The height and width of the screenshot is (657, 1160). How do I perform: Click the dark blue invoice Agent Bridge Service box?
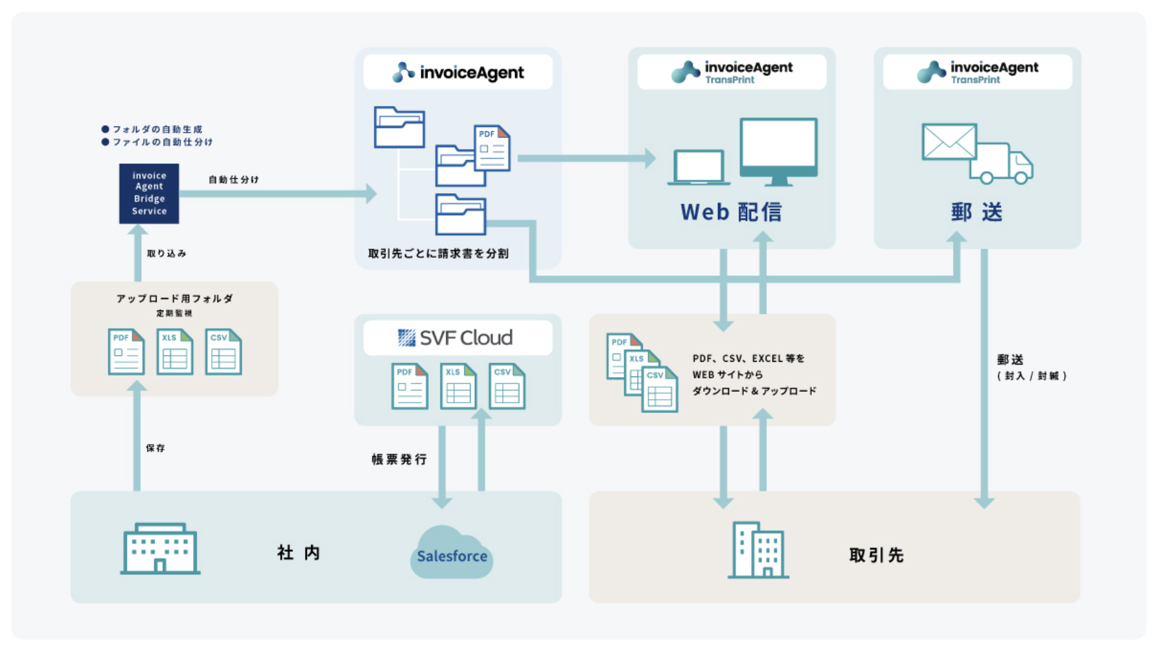pyautogui.click(x=148, y=193)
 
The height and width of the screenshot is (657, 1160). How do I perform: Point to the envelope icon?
pyautogui.click(x=948, y=141)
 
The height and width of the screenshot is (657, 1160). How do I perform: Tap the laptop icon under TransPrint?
pyautogui.click(x=699, y=167)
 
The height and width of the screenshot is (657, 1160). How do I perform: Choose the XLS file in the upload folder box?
pyautogui.click(x=174, y=351)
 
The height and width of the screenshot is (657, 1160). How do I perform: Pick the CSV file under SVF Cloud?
pyautogui.click(x=507, y=386)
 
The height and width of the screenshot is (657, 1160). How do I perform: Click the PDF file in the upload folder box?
pyautogui.click(x=126, y=351)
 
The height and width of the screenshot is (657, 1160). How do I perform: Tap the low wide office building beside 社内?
pyautogui.click(x=160, y=548)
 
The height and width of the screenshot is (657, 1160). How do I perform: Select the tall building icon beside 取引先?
pyautogui.click(x=758, y=550)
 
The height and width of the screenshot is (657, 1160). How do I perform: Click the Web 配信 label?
pyautogui.click(x=730, y=212)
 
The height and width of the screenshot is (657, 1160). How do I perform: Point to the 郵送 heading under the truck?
pyautogui.click(x=976, y=212)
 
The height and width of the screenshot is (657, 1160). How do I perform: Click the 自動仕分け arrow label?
pyautogui.click(x=233, y=179)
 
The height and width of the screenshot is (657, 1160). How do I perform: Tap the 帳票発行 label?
pyautogui.click(x=399, y=459)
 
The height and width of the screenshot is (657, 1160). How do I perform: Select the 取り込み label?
pyautogui.click(x=166, y=253)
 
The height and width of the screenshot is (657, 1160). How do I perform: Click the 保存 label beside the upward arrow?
pyautogui.click(x=155, y=448)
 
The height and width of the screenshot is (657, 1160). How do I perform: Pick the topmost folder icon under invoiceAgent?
pyautogui.click(x=399, y=127)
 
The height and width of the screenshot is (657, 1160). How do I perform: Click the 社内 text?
pyautogui.click(x=298, y=552)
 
